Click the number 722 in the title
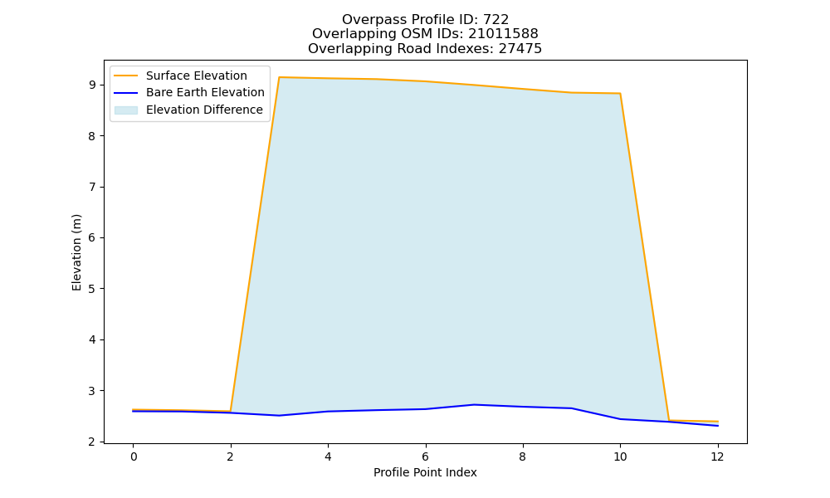point(496,20)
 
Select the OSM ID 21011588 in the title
point(503,34)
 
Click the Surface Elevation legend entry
point(180,76)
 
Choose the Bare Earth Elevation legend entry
point(189,93)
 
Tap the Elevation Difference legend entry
point(188,110)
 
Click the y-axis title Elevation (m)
point(76,252)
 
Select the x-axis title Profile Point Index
point(425,472)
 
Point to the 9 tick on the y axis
point(93,85)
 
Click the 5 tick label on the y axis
point(93,289)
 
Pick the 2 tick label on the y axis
point(93,442)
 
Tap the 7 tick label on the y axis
point(93,187)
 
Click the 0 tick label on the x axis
point(134,456)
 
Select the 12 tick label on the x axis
point(717,456)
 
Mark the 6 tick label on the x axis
point(425,456)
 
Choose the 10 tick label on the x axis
point(620,456)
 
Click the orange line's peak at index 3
point(279,77)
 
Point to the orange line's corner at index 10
point(620,94)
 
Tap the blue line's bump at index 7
point(474,405)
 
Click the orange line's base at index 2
point(230,411)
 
